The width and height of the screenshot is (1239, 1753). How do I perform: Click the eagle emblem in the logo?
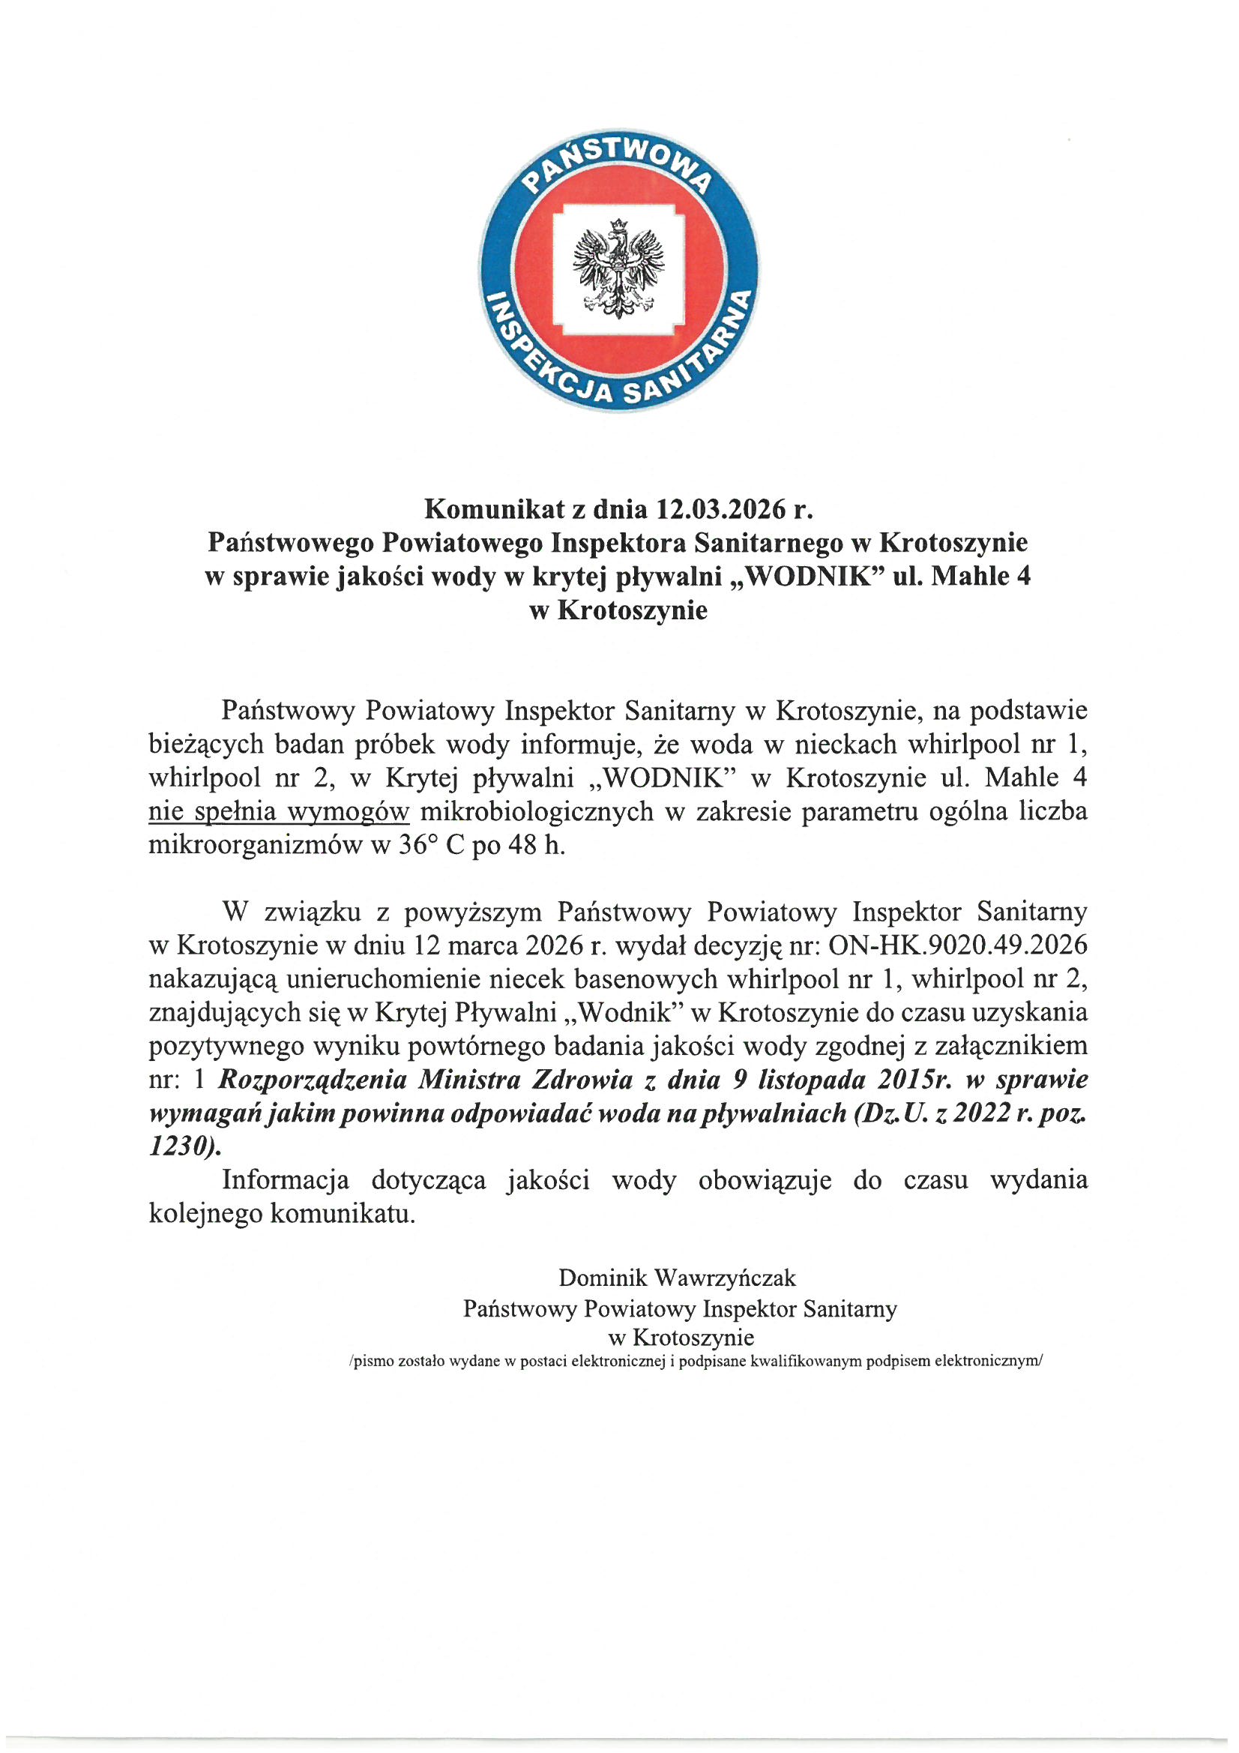[x=620, y=268]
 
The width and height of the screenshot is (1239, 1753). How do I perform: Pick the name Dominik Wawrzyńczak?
[x=678, y=1277]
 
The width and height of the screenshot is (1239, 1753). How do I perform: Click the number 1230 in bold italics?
[x=187, y=1146]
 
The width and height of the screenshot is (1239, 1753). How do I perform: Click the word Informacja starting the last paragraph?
[x=285, y=1179]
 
